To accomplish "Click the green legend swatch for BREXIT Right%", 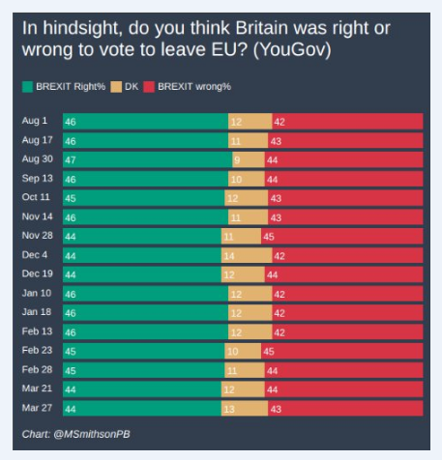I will pyautogui.click(x=28, y=87).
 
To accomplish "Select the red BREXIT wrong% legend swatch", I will pyautogui.click(x=149, y=87).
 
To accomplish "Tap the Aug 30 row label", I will pyautogui.click(x=38, y=159).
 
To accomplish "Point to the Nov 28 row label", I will pyautogui.click(x=38, y=235).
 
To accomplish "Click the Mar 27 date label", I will pyautogui.click(x=38, y=408).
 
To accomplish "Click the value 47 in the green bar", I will pyautogui.click(x=70, y=159).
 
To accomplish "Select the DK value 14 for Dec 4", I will pyautogui.click(x=228, y=255).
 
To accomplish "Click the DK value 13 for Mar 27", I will pyautogui.click(x=228, y=409).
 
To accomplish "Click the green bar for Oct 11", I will pyautogui.click(x=143, y=198).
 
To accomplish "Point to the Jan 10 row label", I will pyautogui.click(x=38, y=293).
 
